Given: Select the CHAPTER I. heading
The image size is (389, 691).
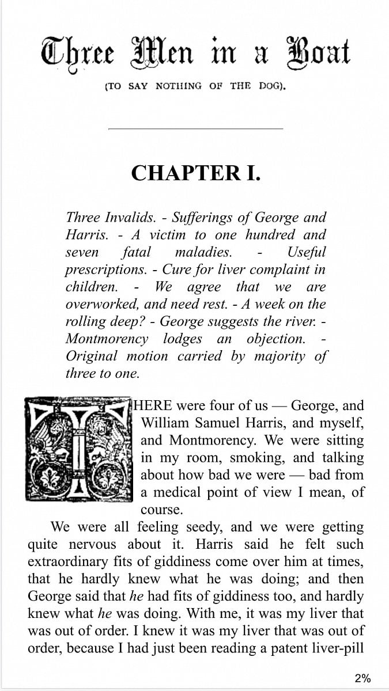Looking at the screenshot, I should [195, 173].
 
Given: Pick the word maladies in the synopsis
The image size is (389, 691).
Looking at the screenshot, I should [203, 252].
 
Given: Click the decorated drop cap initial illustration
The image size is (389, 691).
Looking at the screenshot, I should [78, 449].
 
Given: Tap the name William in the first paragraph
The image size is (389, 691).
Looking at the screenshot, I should [165, 423].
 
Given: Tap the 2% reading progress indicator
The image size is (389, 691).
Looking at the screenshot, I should [362, 678].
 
